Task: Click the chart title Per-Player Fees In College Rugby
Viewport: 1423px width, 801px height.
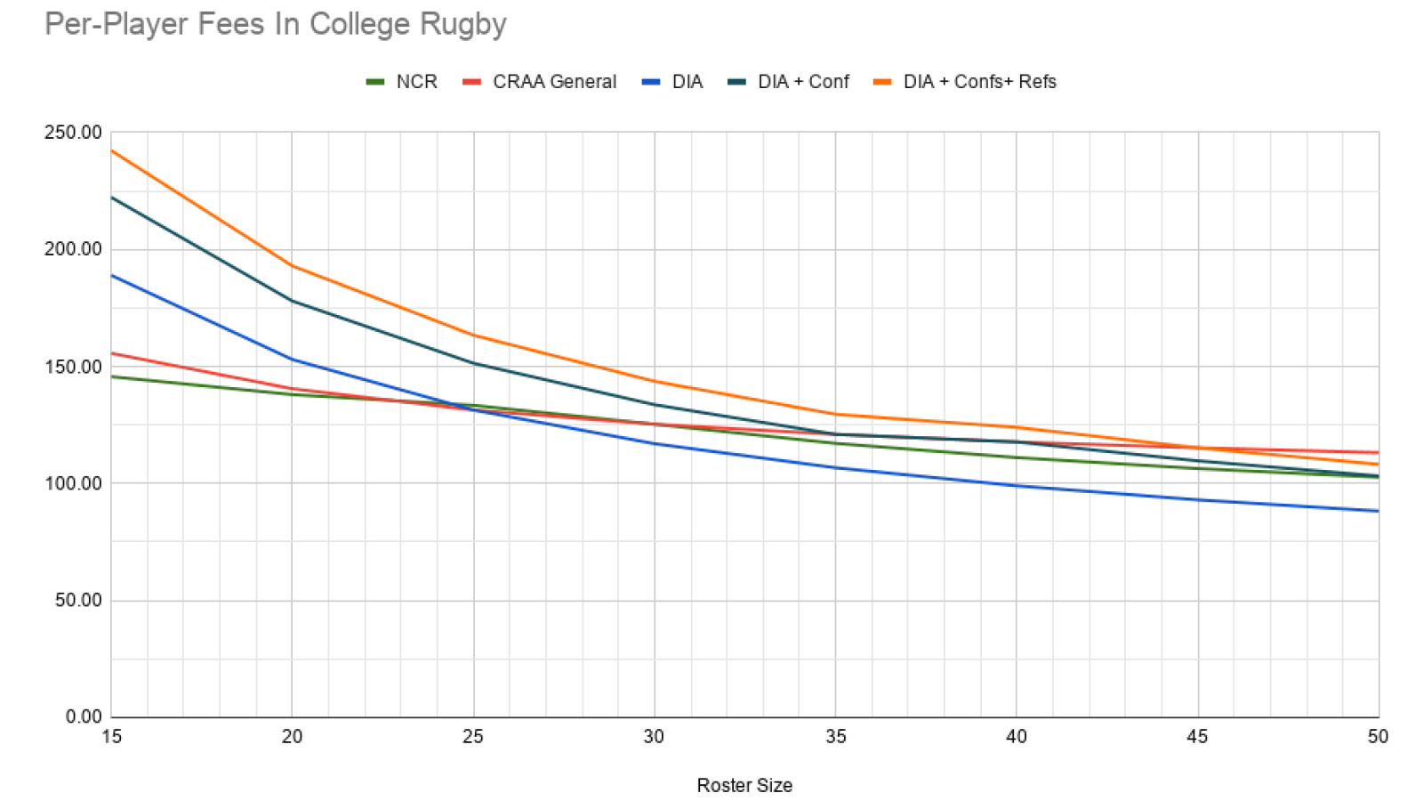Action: tap(275, 24)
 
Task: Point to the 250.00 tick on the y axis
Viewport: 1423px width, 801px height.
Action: tap(73, 133)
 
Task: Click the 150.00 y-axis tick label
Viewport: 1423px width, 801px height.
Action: tap(73, 367)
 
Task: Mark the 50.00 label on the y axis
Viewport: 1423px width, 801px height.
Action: tap(77, 601)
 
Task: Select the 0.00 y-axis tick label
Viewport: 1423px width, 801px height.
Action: tap(83, 717)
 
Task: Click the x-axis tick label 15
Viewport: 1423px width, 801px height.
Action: tap(111, 737)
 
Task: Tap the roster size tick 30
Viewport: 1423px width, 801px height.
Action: tap(654, 737)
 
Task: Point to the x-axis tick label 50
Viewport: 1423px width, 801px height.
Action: tap(1378, 737)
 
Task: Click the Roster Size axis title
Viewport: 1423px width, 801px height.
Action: tap(744, 786)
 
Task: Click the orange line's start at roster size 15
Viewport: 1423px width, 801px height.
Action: tap(112, 150)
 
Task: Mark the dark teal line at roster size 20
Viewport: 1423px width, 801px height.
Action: tap(293, 301)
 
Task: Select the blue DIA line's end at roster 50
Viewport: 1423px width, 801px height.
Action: tap(1378, 511)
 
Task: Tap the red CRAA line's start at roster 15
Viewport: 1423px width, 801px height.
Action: tap(112, 353)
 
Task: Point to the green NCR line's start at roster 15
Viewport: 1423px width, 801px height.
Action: tap(112, 376)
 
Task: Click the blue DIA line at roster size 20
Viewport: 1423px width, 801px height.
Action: tap(293, 360)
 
